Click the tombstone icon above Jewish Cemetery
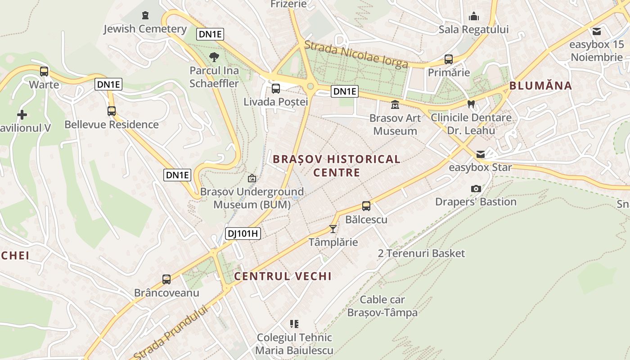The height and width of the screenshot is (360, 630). pos(145,16)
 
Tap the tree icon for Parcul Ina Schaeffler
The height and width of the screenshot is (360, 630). pos(214,57)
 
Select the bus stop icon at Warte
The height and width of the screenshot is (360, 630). pos(44,72)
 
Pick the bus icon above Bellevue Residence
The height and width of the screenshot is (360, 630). pos(112,111)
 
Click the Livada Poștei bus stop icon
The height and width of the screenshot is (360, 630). pos(276,89)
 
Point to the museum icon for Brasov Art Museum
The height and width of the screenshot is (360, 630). pos(395,105)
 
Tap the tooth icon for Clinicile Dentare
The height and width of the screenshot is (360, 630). pos(471,104)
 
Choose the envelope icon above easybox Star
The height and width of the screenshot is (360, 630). pos(481,154)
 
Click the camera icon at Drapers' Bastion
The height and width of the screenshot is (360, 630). pos(476,189)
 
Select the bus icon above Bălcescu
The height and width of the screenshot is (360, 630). pos(366,207)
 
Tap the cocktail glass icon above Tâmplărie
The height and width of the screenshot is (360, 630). pos(333,229)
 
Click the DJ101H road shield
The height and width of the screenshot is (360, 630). pos(243,233)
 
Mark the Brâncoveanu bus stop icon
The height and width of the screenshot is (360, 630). pos(166,279)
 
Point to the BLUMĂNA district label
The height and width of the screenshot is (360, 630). pos(540,86)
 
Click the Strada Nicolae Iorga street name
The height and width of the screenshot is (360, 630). pos(356,54)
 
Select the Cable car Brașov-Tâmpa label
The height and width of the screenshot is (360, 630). pos(382,306)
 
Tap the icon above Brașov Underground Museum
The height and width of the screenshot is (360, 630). pos(252,179)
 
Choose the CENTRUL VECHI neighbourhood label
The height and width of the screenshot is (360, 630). pos(283,276)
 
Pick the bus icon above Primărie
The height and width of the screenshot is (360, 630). pos(449,59)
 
